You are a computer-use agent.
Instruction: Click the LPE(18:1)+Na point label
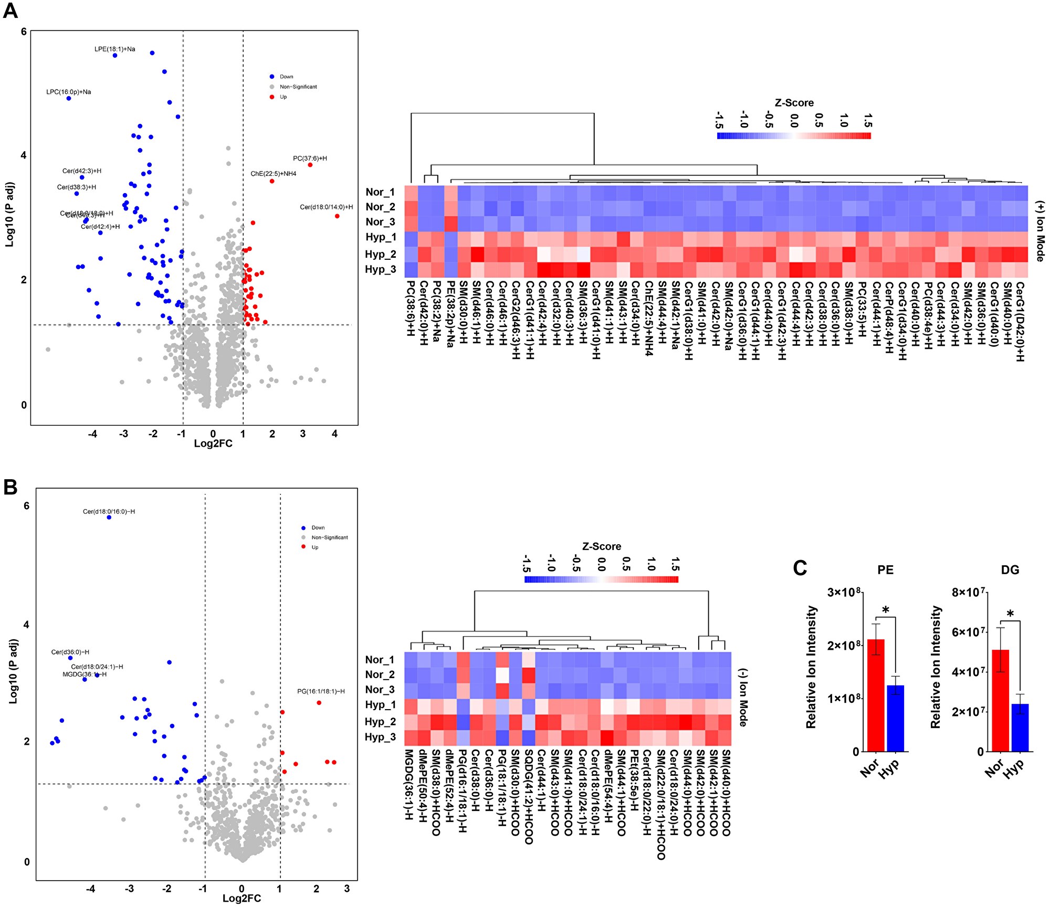coord(114,49)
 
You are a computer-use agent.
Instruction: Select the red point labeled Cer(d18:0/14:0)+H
coord(337,216)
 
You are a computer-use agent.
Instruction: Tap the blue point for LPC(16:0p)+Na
coord(69,98)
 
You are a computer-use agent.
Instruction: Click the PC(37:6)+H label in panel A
coord(310,159)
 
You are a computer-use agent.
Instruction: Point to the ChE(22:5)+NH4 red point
coord(272,181)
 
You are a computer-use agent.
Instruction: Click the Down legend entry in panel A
coord(286,77)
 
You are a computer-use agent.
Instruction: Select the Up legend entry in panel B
coord(314,547)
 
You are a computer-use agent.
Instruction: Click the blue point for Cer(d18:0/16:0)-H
coord(109,518)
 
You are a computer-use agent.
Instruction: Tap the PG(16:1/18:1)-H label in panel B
coord(321,691)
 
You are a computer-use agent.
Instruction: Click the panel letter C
coord(800,568)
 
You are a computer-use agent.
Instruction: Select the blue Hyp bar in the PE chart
coord(895,718)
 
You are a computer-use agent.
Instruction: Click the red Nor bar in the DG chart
coord(1000,701)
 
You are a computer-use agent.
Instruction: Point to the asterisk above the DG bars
coord(1010,615)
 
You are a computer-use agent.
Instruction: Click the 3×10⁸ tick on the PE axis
coord(844,593)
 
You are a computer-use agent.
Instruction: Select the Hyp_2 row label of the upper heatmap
coord(381,254)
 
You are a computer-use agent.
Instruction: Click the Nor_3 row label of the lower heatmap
coord(380,690)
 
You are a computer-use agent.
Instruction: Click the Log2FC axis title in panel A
coord(213,444)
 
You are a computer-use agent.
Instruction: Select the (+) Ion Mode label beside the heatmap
coord(1040,231)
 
